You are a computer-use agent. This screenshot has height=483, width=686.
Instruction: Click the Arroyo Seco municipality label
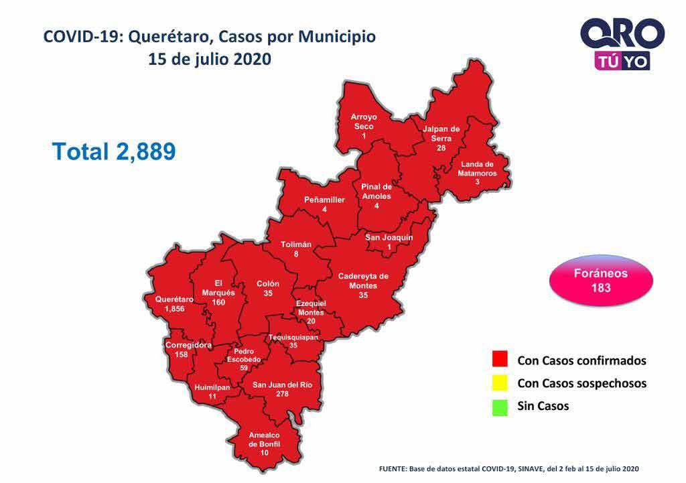point(364,121)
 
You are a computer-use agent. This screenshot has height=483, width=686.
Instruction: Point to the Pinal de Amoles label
point(376,191)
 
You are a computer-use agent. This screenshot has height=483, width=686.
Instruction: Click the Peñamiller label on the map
point(324,200)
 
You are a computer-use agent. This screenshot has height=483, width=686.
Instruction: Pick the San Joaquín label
point(389,238)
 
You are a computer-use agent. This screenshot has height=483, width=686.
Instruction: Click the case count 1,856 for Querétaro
point(174,309)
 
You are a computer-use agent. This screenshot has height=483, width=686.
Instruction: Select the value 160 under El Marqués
point(218,302)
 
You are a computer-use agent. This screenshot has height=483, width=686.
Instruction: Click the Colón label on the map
point(268,284)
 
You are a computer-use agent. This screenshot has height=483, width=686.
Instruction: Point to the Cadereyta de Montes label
point(363,281)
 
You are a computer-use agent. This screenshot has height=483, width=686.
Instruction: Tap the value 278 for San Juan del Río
point(282,395)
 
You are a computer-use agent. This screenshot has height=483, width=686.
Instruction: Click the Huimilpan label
point(212,388)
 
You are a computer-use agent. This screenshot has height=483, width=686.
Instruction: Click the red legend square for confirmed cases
point(500,360)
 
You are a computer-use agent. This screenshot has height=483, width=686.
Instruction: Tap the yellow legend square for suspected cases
point(500,383)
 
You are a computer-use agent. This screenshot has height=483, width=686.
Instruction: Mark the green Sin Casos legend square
point(500,407)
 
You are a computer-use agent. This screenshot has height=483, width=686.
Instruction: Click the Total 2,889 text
point(114,151)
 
